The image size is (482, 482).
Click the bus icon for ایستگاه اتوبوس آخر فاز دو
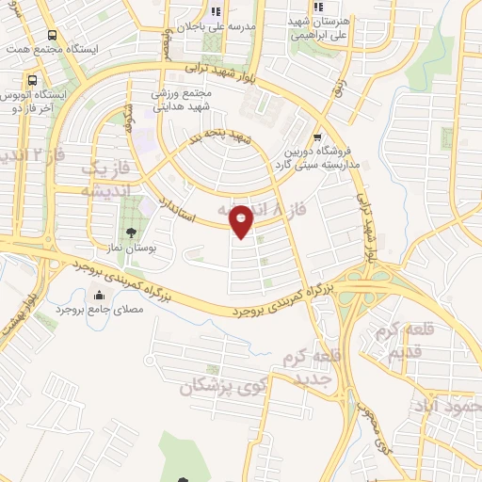click(x=33, y=81)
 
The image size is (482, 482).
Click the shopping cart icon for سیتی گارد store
click(x=317, y=136)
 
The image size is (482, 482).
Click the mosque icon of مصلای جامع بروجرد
click(x=98, y=294)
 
